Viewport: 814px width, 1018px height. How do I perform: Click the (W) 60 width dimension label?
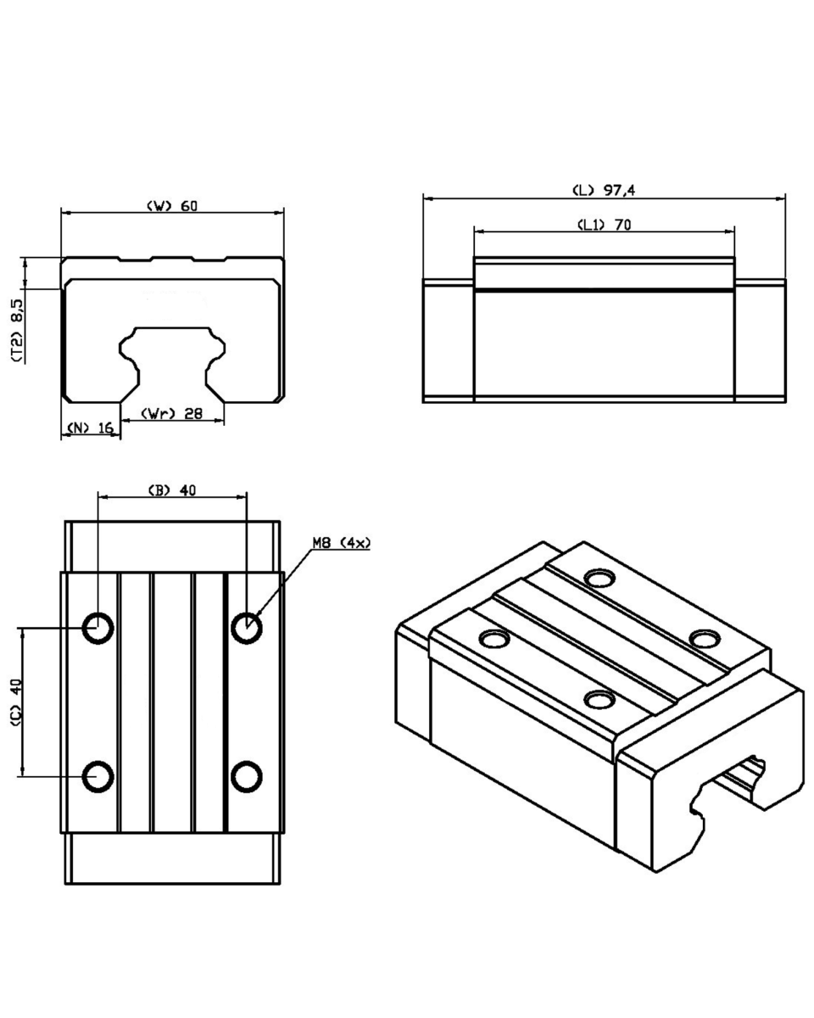pos(172,206)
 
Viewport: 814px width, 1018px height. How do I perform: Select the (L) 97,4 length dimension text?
pos(604,190)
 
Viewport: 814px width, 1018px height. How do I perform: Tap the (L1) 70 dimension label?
pos(605,225)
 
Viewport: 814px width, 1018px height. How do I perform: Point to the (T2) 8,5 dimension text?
pos(17,331)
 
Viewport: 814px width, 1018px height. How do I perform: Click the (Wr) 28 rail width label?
pos(172,413)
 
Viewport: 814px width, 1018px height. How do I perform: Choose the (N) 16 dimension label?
pos(91,428)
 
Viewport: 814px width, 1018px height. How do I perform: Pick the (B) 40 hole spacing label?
pos(172,490)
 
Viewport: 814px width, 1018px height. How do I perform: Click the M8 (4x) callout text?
pos(342,543)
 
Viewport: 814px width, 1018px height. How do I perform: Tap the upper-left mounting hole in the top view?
pos(98,629)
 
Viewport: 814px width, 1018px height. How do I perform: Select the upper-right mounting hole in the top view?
pos(247,629)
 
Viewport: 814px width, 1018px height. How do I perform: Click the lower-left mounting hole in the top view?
pos(98,777)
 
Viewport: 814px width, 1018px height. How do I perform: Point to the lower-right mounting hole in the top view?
pos(247,777)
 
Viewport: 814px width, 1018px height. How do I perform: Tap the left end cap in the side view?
pos(448,340)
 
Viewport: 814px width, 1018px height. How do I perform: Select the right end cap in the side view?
pos(760,340)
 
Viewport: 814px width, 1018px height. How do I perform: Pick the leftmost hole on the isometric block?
pos(494,640)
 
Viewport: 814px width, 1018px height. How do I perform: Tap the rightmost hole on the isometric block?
pos(705,640)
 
